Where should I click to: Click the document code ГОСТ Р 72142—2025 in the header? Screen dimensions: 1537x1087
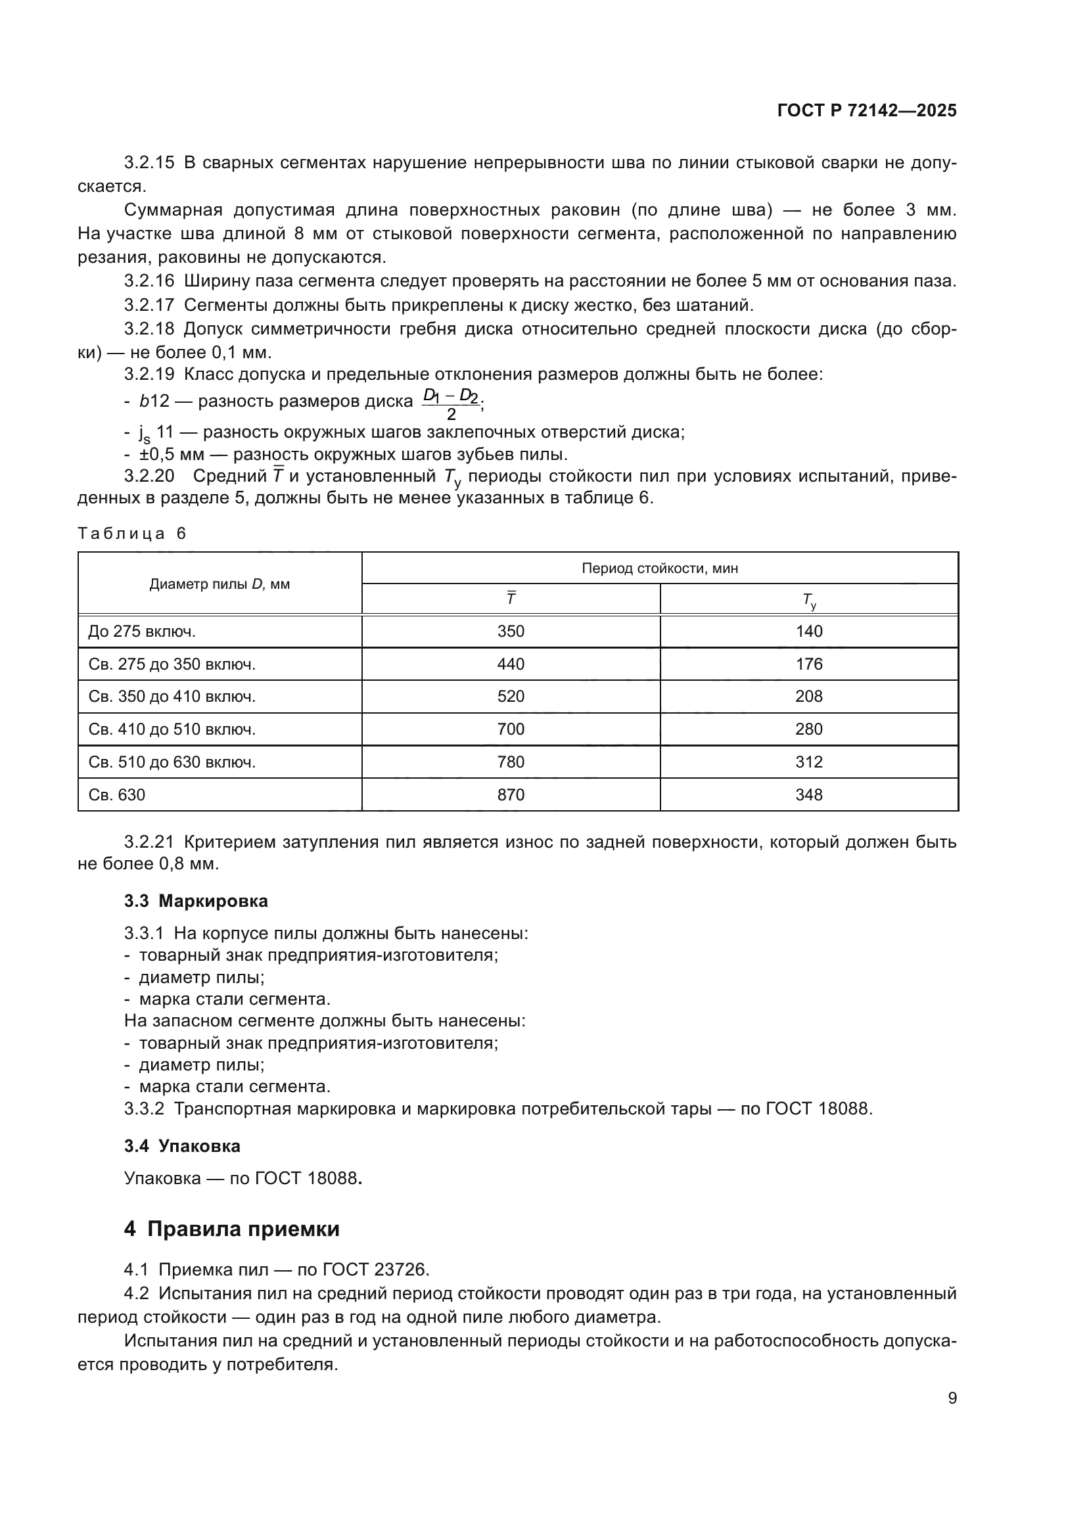(867, 110)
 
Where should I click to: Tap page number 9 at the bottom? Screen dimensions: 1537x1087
(952, 1398)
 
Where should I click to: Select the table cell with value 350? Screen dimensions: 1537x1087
(511, 631)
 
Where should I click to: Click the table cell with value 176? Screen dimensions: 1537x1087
(808, 664)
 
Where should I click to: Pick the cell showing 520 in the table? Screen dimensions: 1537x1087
(511, 696)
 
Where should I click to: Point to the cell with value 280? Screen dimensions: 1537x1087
(808, 729)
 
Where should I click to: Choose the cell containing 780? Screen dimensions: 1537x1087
(511, 762)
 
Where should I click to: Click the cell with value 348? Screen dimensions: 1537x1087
(808, 794)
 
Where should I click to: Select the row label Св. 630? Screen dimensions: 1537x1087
(116, 794)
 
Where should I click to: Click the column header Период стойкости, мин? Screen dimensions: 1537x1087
(659, 568)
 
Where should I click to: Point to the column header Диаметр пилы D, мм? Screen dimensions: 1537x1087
(220, 584)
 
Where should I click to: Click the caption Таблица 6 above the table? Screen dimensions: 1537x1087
(132, 534)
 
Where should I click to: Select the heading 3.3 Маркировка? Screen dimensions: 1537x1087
(195, 901)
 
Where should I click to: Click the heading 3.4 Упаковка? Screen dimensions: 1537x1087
(182, 1146)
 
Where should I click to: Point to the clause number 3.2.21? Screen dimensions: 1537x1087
(149, 842)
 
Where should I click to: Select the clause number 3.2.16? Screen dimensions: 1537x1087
(149, 281)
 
